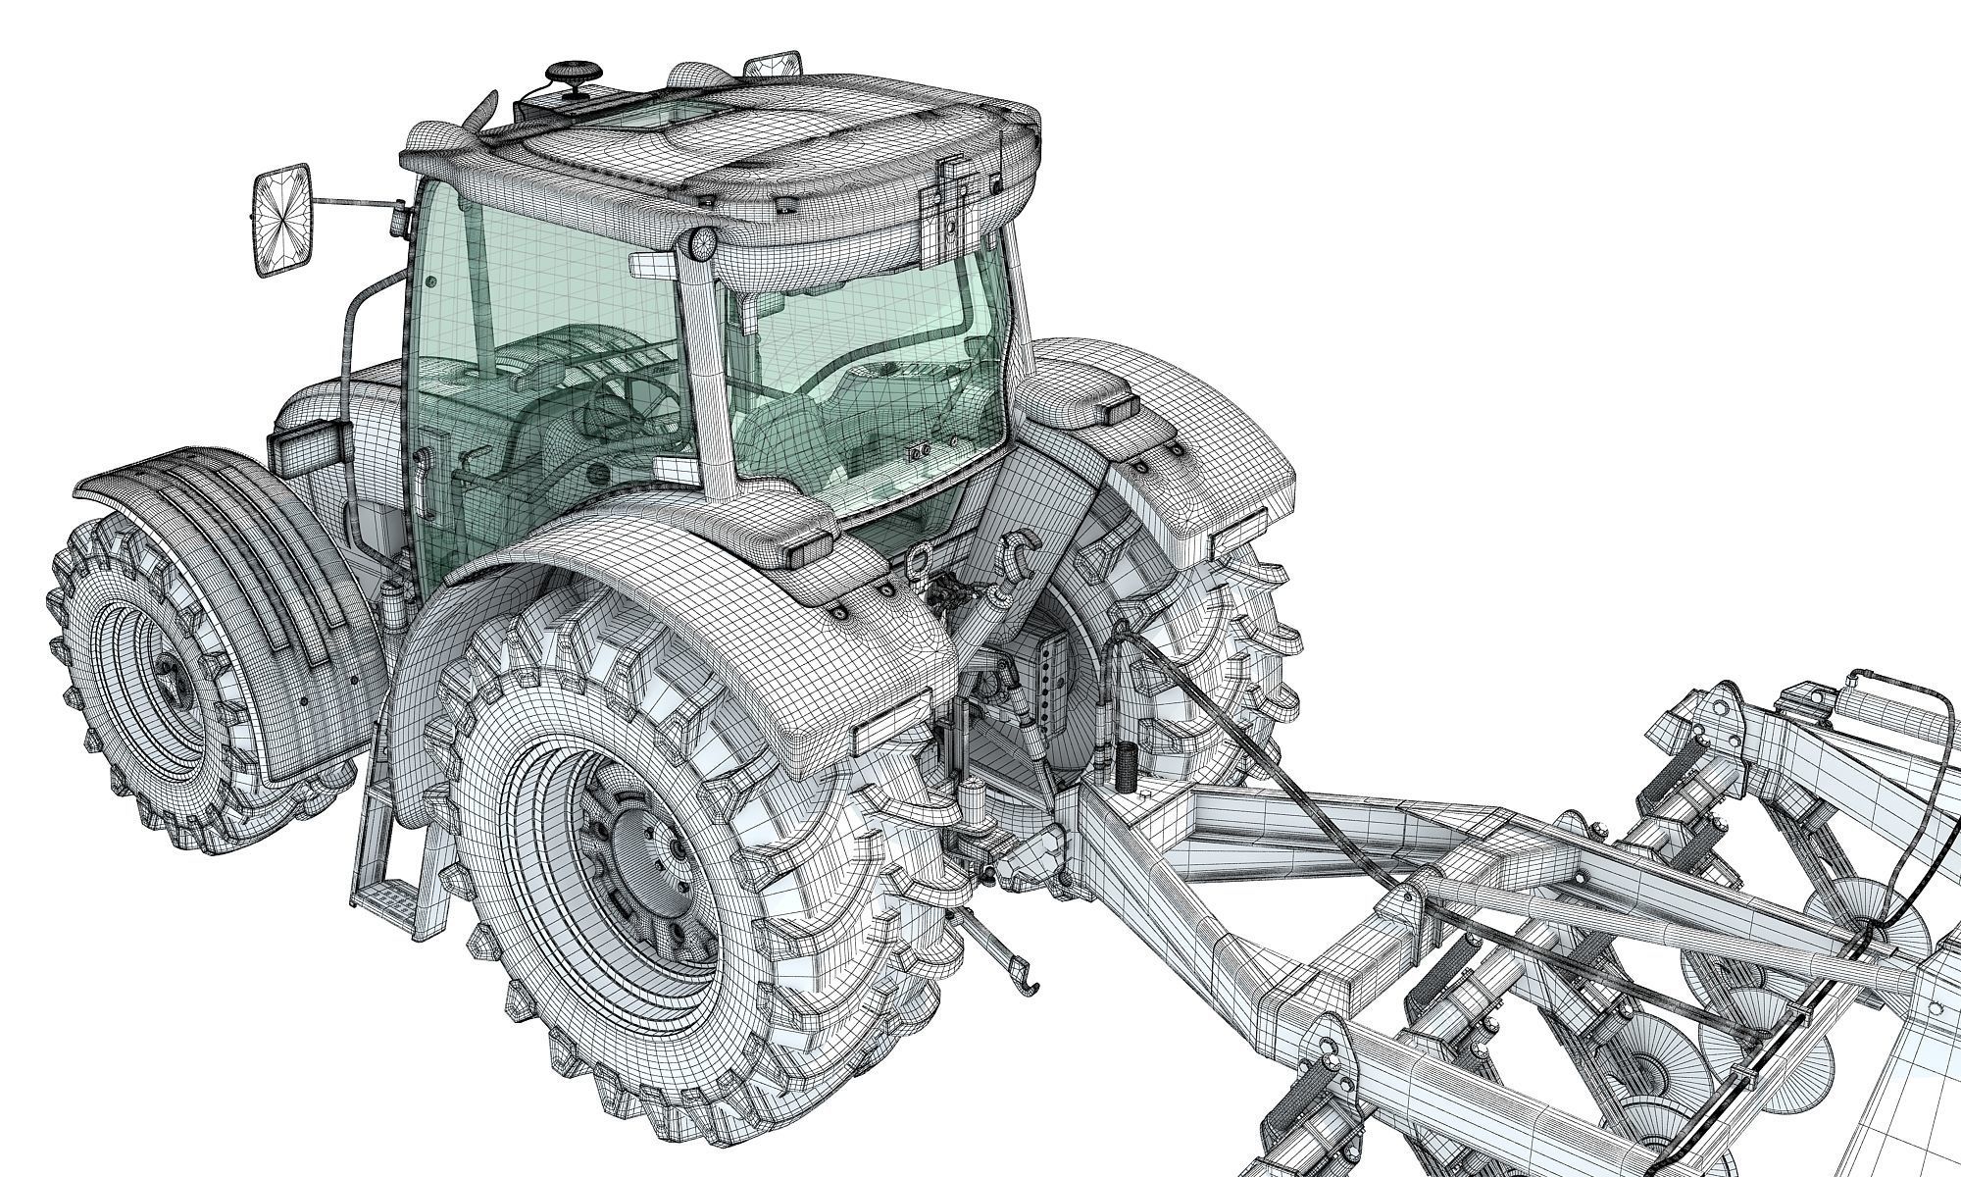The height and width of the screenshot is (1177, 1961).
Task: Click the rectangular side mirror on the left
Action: [x=283, y=223]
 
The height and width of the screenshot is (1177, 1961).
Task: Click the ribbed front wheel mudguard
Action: [x=216, y=569]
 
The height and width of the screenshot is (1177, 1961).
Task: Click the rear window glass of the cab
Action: [x=863, y=373]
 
